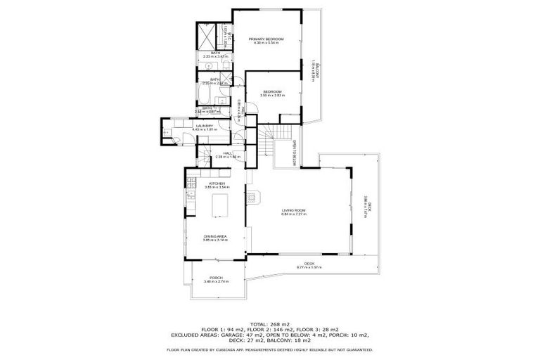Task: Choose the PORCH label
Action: coord(215,278)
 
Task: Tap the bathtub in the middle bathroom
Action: coord(205,94)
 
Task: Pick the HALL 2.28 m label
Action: coord(228,155)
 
